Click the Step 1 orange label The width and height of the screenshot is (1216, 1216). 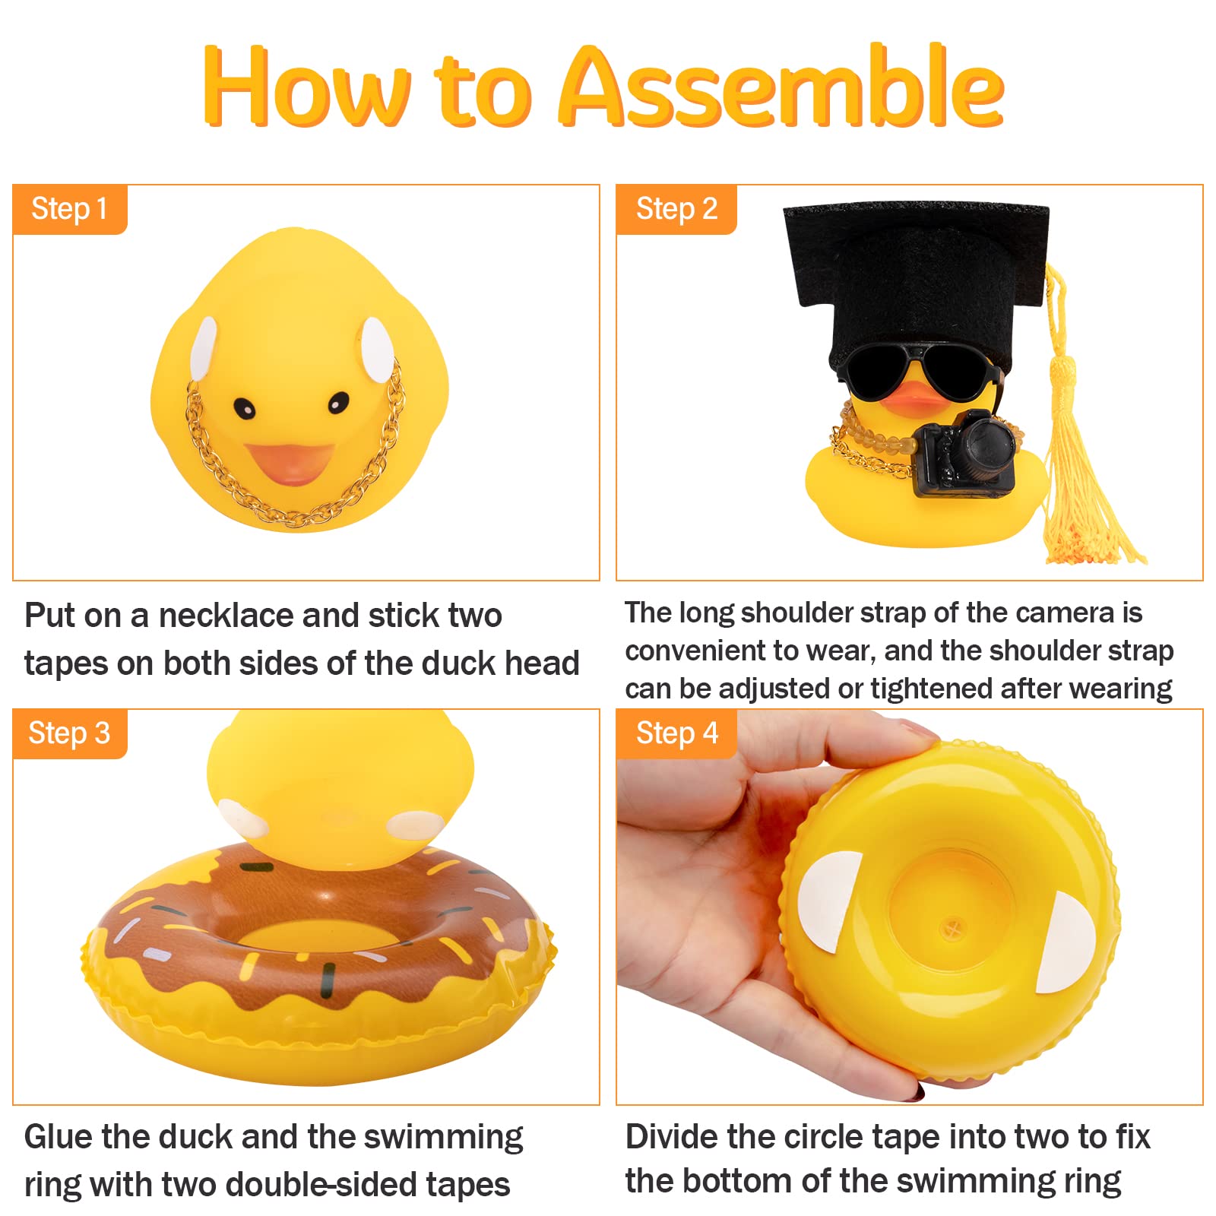point(69,209)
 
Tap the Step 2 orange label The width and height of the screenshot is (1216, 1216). point(676,209)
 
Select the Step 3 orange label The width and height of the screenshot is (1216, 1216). point(69,733)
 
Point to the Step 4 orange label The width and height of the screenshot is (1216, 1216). point(676,733)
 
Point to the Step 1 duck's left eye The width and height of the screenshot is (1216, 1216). point(244,407)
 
